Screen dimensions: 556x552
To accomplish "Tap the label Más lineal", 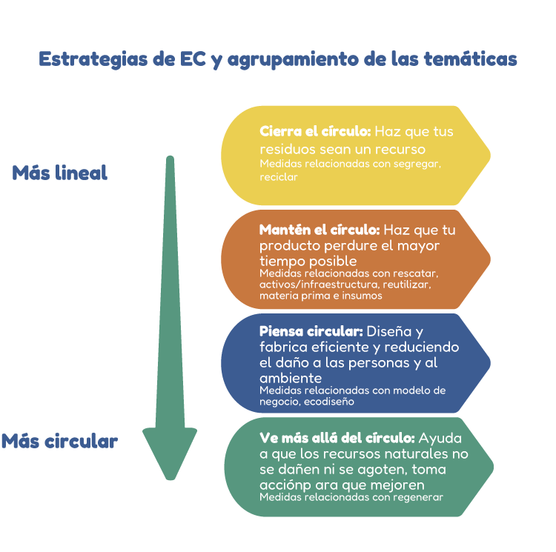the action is click(x=60, y=173).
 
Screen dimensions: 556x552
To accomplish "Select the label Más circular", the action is click(x=59, y=441).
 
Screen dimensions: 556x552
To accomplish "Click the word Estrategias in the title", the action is click(x=93, y=59).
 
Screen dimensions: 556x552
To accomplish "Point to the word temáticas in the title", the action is click(x=471, y=59).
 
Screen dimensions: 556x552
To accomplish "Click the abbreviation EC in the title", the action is click(x=193, y=59).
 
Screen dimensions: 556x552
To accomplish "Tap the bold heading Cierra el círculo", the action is click(x=315, y=131).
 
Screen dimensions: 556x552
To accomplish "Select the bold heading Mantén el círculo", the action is click(x=320, y=230).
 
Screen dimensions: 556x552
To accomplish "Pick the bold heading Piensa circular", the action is click(x=311, y=331).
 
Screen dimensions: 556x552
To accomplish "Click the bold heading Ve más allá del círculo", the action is click(x=337, y=438).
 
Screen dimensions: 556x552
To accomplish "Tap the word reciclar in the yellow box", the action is click(x=279, y=177).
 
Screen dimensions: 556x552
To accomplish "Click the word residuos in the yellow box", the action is click(x=288, y=149).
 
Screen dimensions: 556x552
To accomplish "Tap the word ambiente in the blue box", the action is click(x=291, y=379).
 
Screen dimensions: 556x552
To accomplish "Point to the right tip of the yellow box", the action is click(x=491, y=155).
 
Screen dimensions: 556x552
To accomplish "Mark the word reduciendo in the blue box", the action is click(x=422, y=347).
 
